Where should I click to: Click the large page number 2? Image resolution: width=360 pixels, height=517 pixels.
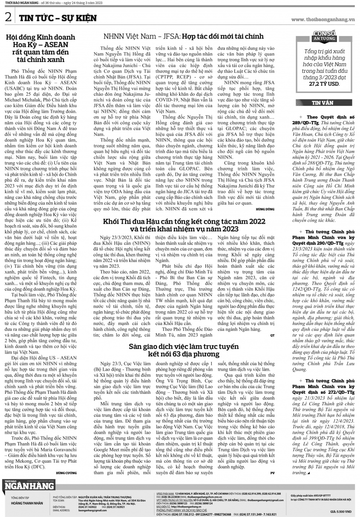tap(8, 17)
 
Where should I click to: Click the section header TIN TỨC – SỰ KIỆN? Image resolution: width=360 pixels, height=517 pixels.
tap(58, 18)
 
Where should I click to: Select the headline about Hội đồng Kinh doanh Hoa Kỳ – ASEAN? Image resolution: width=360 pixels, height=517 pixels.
tap(41, 48)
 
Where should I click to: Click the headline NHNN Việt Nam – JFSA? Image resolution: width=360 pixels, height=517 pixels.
tap(183, 36)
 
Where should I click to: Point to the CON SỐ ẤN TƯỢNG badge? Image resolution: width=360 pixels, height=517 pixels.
tap(324, 36)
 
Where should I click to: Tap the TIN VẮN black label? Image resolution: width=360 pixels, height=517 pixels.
tap(323, 103)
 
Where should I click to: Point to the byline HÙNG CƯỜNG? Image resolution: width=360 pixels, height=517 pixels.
tap(66, 472)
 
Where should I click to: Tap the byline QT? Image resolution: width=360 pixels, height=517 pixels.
tap(272, 335)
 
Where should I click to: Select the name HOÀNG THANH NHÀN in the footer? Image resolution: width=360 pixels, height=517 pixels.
tap(27, 503)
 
